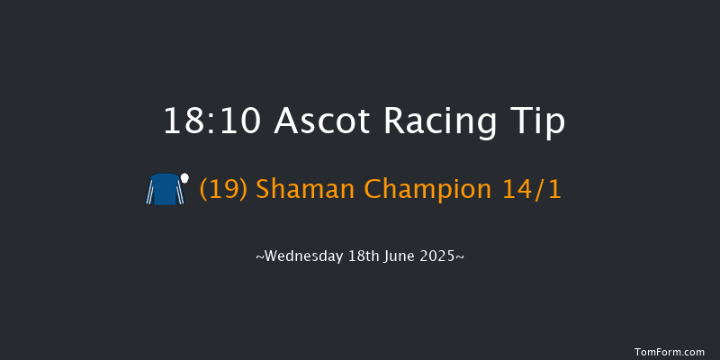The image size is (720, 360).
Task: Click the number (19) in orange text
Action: point(224,190)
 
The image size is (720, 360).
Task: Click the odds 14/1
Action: point(530,190)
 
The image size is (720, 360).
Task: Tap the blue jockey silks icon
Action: point(166,190)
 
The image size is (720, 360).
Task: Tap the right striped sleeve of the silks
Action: point(180,193)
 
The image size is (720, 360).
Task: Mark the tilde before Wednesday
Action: point(259,257)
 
